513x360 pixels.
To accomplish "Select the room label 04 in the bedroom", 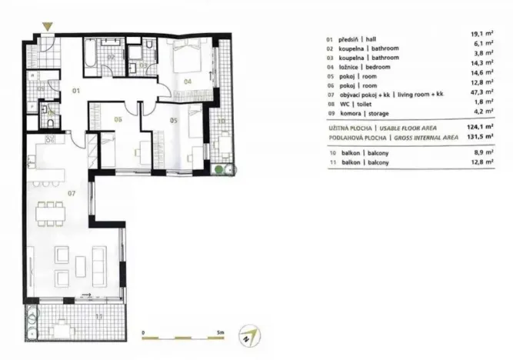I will [x=187, y=79].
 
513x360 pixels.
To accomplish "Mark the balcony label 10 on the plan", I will [x=221, y=120].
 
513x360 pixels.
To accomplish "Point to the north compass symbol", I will [x=248, y=335].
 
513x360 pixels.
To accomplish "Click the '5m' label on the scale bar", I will [x=220, y=332].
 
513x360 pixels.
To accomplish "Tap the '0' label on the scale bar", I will [x=144, y=332].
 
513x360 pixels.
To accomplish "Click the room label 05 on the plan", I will [x=173, y=120].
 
